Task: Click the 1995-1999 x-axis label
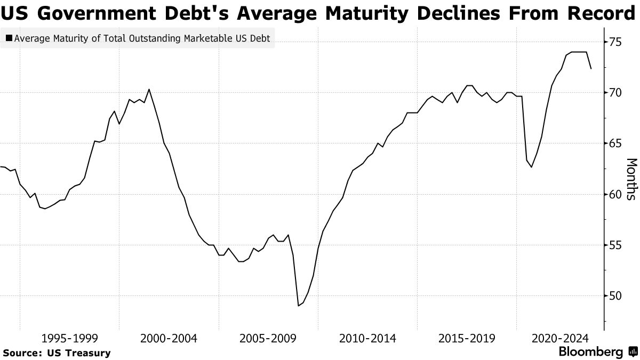point(69,338)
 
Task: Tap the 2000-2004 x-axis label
point(169,338)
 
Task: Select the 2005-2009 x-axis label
point(268,338)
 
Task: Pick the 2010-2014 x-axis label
point(367,338)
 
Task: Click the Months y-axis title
point(630,179)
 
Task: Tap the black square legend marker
point(9,38)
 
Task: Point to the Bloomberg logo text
point(590,352)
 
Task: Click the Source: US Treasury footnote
point(57,353)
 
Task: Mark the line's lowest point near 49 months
point(298,306)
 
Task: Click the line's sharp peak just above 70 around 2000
point(149,89)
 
